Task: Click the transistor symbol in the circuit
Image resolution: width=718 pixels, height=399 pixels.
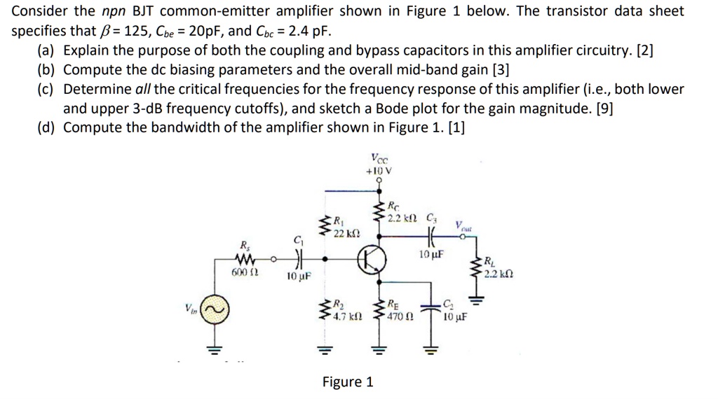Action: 372,260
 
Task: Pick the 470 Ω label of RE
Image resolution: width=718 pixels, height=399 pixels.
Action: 400,316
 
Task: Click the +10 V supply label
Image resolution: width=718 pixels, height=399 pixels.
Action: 379,170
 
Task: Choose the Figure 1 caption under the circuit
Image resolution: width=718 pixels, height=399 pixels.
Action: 348,381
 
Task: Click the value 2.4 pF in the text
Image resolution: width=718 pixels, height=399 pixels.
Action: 307,31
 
